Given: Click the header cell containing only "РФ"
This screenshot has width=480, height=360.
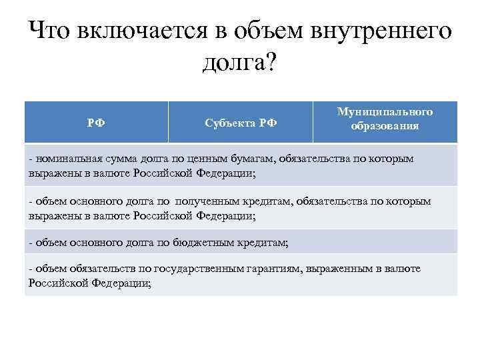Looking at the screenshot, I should click(96, 123).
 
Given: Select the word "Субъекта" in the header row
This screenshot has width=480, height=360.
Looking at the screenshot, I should click(227, 123).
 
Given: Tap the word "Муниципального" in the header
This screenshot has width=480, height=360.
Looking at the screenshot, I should click(385, 111).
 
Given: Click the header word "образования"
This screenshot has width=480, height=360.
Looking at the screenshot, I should click(385, 126).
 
